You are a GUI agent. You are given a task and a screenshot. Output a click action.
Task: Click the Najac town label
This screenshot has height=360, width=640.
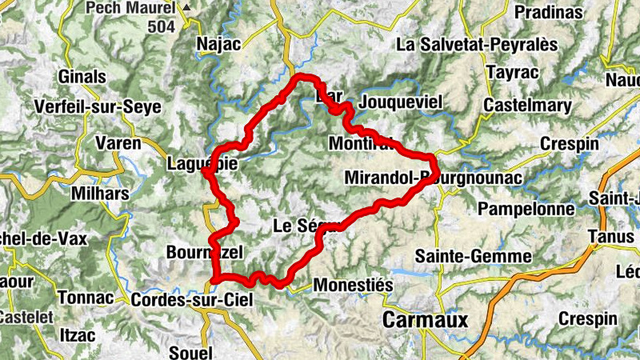[x=218, y=44]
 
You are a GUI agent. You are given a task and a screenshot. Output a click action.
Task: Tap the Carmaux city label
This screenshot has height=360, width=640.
[x=425, y=320]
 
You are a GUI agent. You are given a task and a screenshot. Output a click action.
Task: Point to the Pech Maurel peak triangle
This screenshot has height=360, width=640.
[x=187, y=7]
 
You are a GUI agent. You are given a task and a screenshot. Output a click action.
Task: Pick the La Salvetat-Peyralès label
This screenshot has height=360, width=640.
[x=477, y=44]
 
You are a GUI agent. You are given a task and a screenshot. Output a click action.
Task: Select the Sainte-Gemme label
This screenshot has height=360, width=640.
[x=474, y=256]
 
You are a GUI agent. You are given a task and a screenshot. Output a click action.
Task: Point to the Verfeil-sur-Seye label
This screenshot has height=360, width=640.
[x=98, y=107]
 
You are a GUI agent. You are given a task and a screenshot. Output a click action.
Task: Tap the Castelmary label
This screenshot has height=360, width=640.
[x=527, y=106]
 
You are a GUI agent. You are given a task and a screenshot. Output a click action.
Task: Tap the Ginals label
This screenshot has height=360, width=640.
[x=82, y=78]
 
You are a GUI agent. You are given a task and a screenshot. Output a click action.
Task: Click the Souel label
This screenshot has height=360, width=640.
[x=190, y=352]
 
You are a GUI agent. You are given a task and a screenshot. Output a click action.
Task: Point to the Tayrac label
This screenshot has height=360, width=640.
[x=510, y=74]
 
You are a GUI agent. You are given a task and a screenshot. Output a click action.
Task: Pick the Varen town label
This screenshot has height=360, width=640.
[x=118, y=144]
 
